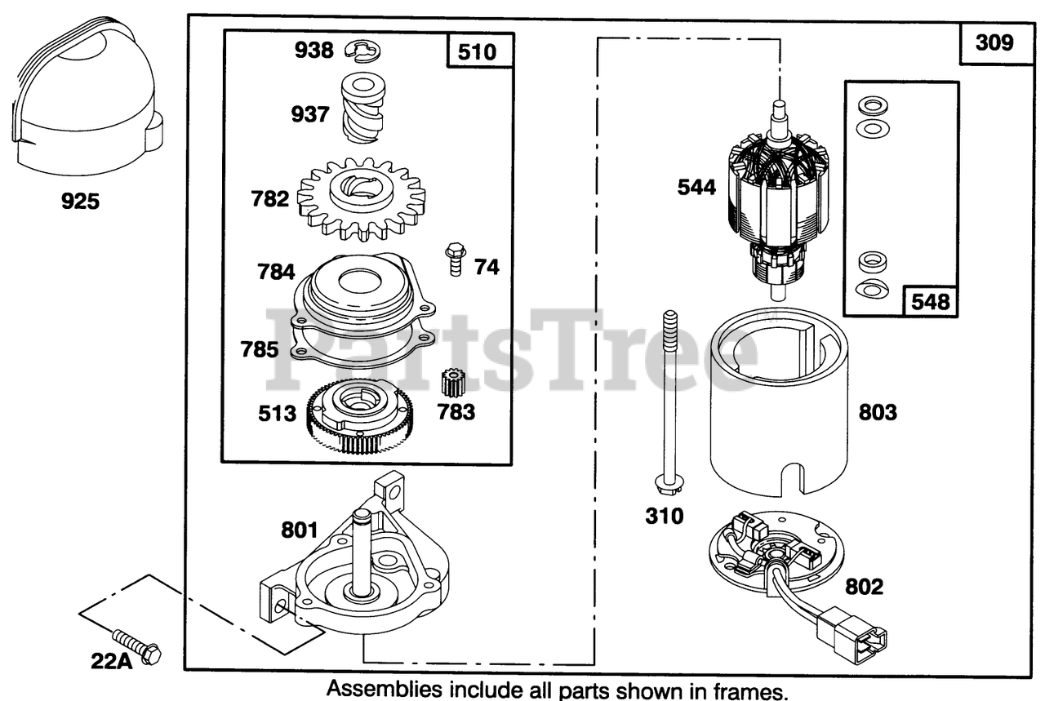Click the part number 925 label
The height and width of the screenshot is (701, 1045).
pos(81,200)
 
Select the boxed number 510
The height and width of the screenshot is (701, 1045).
pos(478,53)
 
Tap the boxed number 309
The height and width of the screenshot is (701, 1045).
pos(994,42)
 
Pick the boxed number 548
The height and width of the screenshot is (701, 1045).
pos(931,301)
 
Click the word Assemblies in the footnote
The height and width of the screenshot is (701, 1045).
pos(383,688)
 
